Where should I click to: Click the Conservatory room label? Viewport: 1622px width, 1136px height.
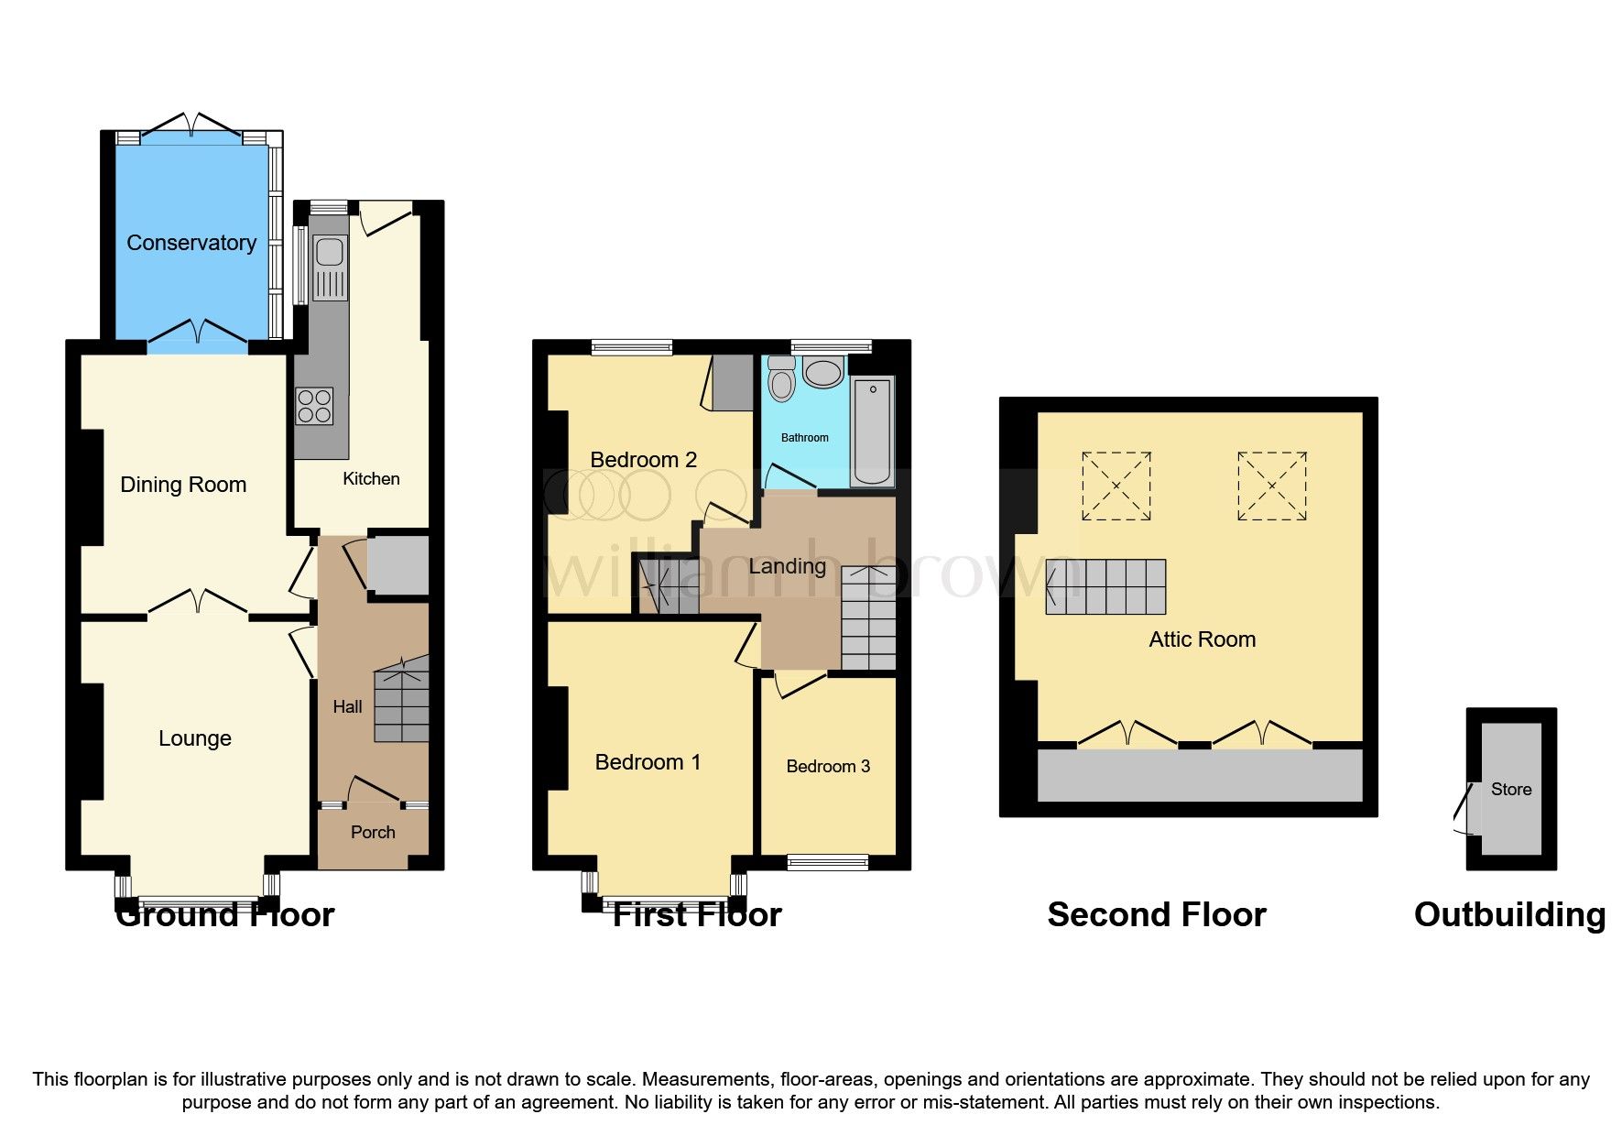click(191, 243)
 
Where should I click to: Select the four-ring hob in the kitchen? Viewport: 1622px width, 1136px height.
click(313, 407)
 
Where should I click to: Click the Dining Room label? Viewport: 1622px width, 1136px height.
click(183, 485)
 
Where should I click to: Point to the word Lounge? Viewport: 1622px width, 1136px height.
click(194, 738)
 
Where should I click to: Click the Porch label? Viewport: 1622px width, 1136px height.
click(373, 832)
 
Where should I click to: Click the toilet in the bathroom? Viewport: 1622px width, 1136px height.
click(781, 381)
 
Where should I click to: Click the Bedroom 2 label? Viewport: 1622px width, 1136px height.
click(643, 460)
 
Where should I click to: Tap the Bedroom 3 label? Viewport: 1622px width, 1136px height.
click(828, 766)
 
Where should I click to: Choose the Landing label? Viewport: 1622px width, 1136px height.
click(787, 566)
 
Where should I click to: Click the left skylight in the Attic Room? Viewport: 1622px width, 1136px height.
click(1116, 486)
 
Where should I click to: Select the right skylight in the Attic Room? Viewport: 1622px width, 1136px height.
click(1271, 486)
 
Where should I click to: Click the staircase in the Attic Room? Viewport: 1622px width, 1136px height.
click(1106, 586)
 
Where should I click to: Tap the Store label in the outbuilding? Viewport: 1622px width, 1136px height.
click(1510, 789)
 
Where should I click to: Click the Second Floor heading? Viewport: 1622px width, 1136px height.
click(1156, 914)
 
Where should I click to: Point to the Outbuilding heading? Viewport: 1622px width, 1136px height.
click(1508, 914)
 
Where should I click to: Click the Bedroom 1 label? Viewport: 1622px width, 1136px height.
click(648, 762)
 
